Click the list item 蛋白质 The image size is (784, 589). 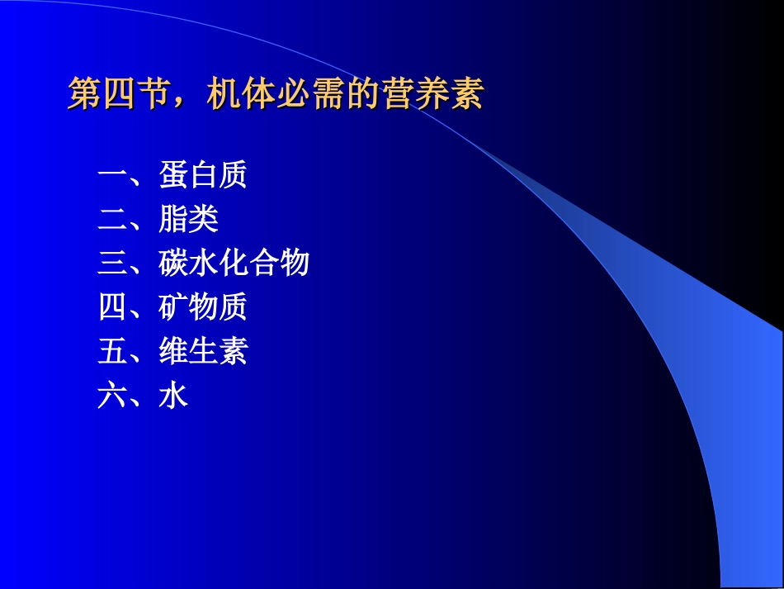pyautogui.click(x=203, y=175)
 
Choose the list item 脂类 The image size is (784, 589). pyautogui.click(x=189, y=220)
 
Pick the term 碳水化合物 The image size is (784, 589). pyautogui.click(x=234, y=264)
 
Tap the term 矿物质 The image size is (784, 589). pyautogui.click(x=203, y=308)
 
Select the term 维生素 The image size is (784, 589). pyautogui.click(x=203, y=352)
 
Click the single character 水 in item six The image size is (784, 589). pyautogui.click(x=173, y=397)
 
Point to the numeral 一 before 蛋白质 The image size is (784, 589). pyautogui.click(x=111, y=175)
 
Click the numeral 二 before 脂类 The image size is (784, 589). pyautogui.click(x=111, y=220)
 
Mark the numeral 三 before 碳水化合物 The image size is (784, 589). pyautogui.click(x=111, y=264)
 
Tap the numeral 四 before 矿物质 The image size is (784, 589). pyautogui.click(x=111, y=308)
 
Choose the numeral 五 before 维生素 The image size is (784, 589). pyautogui.click(x=111, y=352)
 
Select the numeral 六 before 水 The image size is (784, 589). pyautogui.click(x=111, y=397)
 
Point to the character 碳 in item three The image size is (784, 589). pyautogui.click(x=174, y=264)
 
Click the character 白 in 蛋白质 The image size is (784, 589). pyautogui.click(x=203, y=175)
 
